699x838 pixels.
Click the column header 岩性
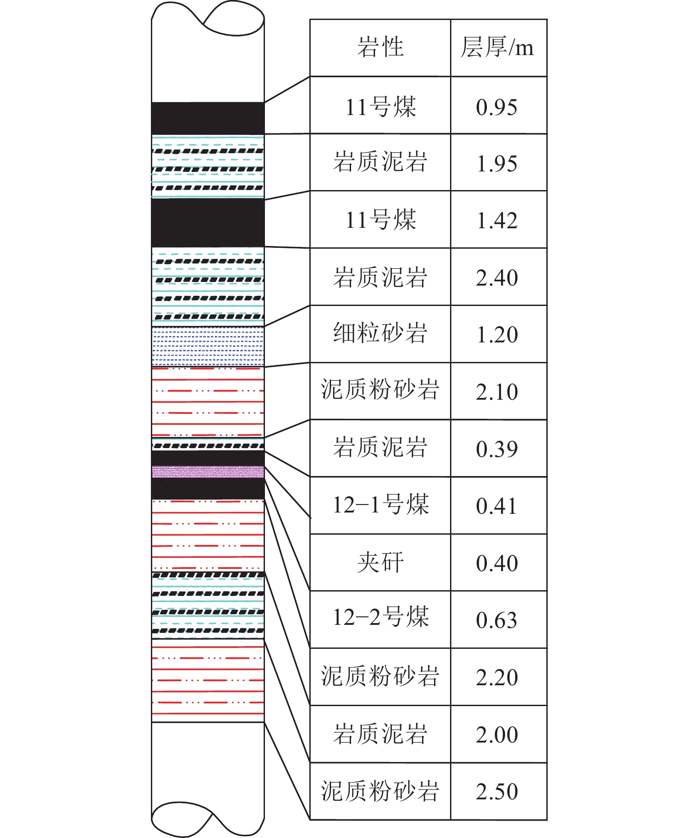tap(380, 47)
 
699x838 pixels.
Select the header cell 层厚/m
tap(497, 47)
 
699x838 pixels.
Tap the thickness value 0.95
tap(497, 107)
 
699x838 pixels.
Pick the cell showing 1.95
tap(497, 164)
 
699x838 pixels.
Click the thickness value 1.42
tap(497, 221)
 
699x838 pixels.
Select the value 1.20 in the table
tap(497, 335)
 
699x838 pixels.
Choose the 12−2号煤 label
tap(380, 617)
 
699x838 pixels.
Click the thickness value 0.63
tap(497, 620)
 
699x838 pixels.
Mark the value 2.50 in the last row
tap(497, 792)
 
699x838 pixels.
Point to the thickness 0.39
tap(497, 449)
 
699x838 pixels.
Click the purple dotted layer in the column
tap(208, 472)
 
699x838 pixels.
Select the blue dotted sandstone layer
tap(208, 346)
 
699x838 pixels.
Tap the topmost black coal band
tap(208, 118)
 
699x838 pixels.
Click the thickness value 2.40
tap(497, 278)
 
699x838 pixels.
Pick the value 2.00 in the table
tap(497, 735)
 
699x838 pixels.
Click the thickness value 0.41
tap(497, 506)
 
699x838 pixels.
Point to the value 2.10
tap(497, 392)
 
